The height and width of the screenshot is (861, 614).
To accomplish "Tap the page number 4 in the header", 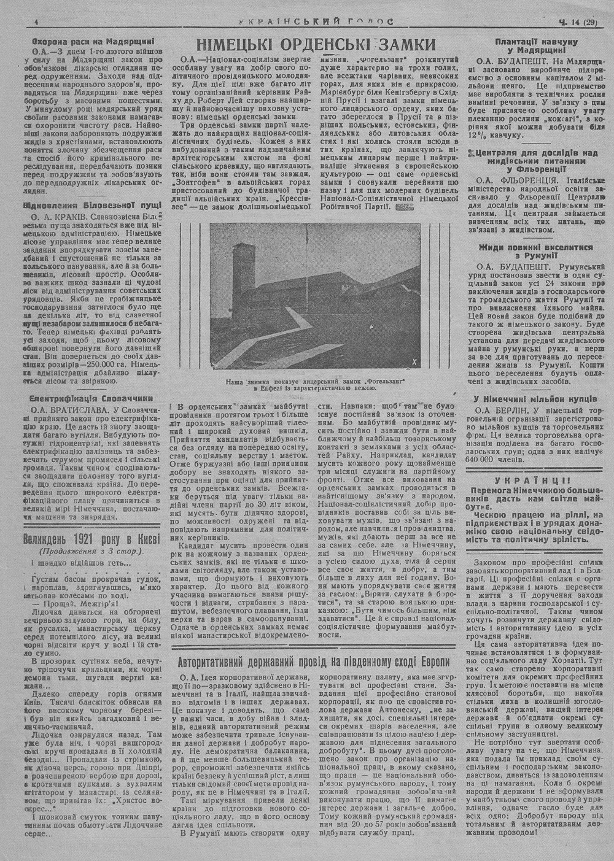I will point(37,22).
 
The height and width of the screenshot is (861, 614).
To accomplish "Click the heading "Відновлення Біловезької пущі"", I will point(82,206).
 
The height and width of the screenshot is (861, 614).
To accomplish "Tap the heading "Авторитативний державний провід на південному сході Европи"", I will point(314,663).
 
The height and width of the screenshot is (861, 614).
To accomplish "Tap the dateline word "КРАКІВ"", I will point(72,217).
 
